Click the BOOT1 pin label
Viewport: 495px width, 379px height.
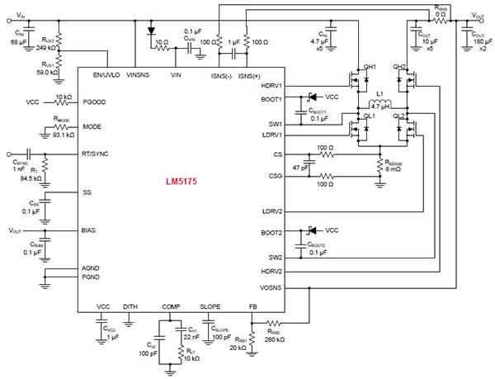(271, 100)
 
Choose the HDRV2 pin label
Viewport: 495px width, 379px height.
(271, 272)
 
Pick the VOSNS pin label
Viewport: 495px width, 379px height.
(271, 288)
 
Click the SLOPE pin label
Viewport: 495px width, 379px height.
(212, 306)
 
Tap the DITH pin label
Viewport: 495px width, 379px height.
(130, 306)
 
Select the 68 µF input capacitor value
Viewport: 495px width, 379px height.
(20, 40)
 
